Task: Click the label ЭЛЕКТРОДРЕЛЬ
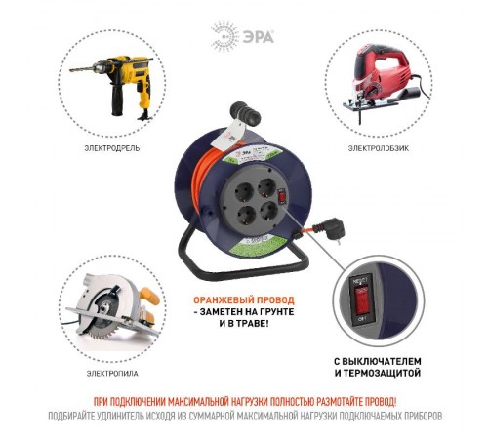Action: pyautogui.click(x=111, y=149)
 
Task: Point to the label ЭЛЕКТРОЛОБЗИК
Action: pyautogui.click(x=373, y=149)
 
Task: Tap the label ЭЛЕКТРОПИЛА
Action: pyautogui.click(x=103, y=374)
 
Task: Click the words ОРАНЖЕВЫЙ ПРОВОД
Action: pyautogui.click(x=239, y=300)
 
